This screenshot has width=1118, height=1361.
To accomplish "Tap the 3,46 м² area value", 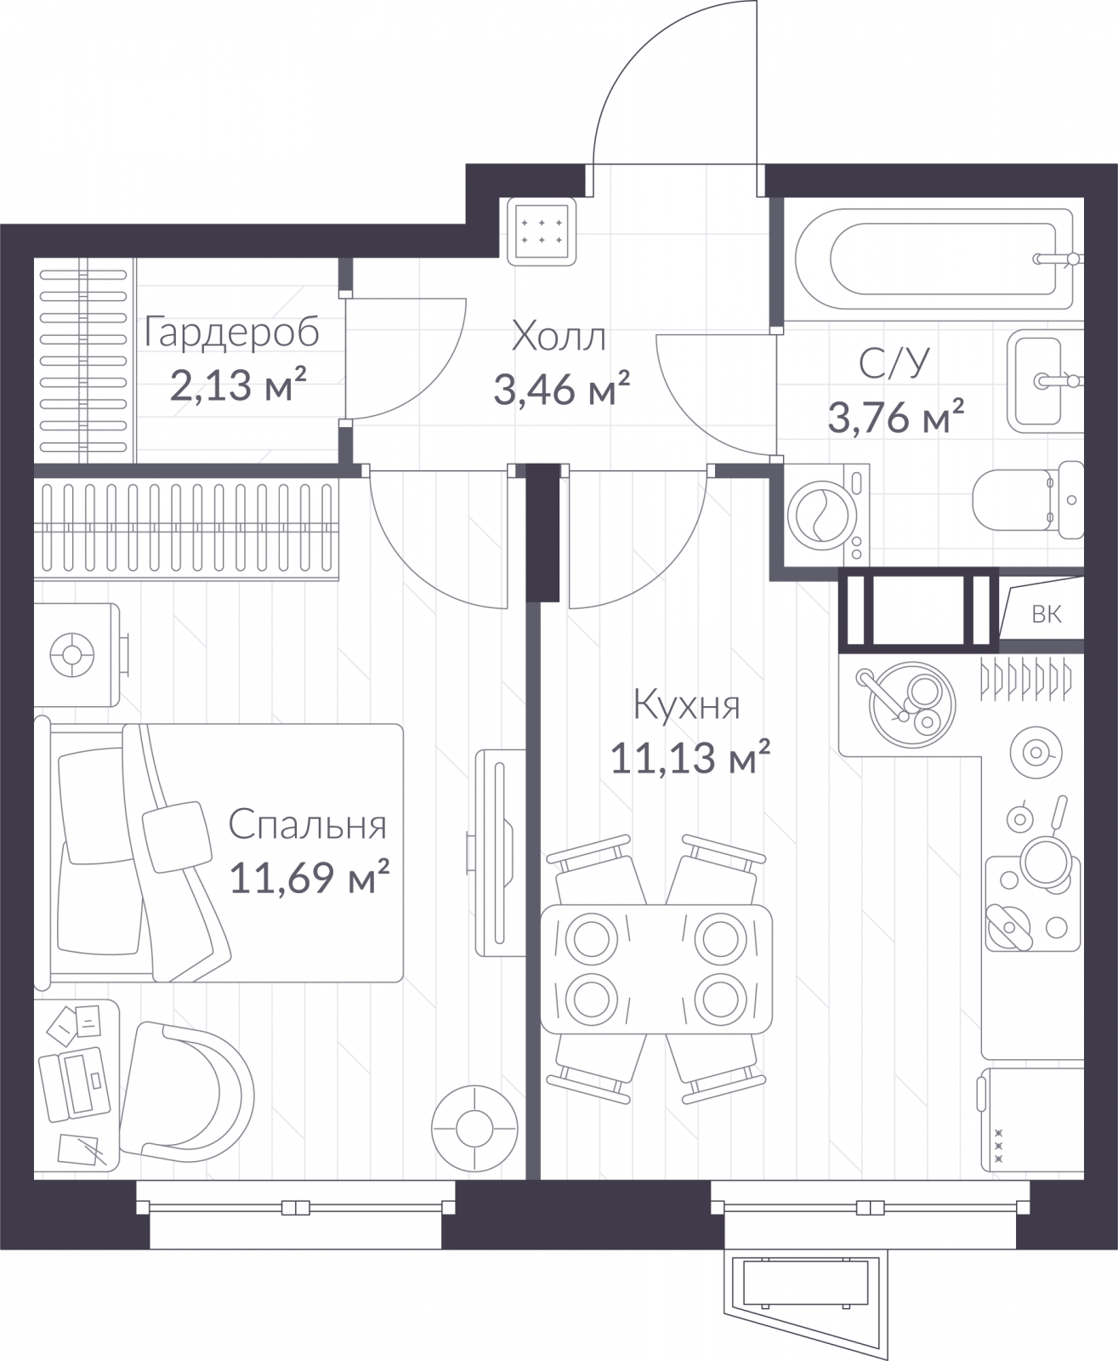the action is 561,389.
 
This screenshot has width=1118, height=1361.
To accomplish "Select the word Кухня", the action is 686,704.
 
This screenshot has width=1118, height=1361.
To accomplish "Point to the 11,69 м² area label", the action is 309,875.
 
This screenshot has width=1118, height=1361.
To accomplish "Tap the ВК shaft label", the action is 1047,613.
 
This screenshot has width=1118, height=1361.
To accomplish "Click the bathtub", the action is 934,259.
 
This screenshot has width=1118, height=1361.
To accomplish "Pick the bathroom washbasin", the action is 1045,381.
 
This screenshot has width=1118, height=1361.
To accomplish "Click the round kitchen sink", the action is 911,704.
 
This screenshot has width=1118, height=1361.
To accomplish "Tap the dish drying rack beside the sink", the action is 1025,679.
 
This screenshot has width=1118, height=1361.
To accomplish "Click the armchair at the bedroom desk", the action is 187,1095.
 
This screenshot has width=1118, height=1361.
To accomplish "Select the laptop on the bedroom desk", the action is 75,1085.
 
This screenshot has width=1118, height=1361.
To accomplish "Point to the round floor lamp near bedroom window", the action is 474,1129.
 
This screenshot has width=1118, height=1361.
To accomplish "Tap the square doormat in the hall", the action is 542,231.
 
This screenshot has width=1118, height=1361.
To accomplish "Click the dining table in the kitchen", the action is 656,969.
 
